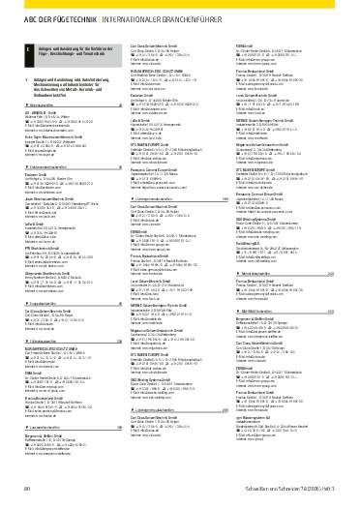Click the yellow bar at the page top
[180, 4]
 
